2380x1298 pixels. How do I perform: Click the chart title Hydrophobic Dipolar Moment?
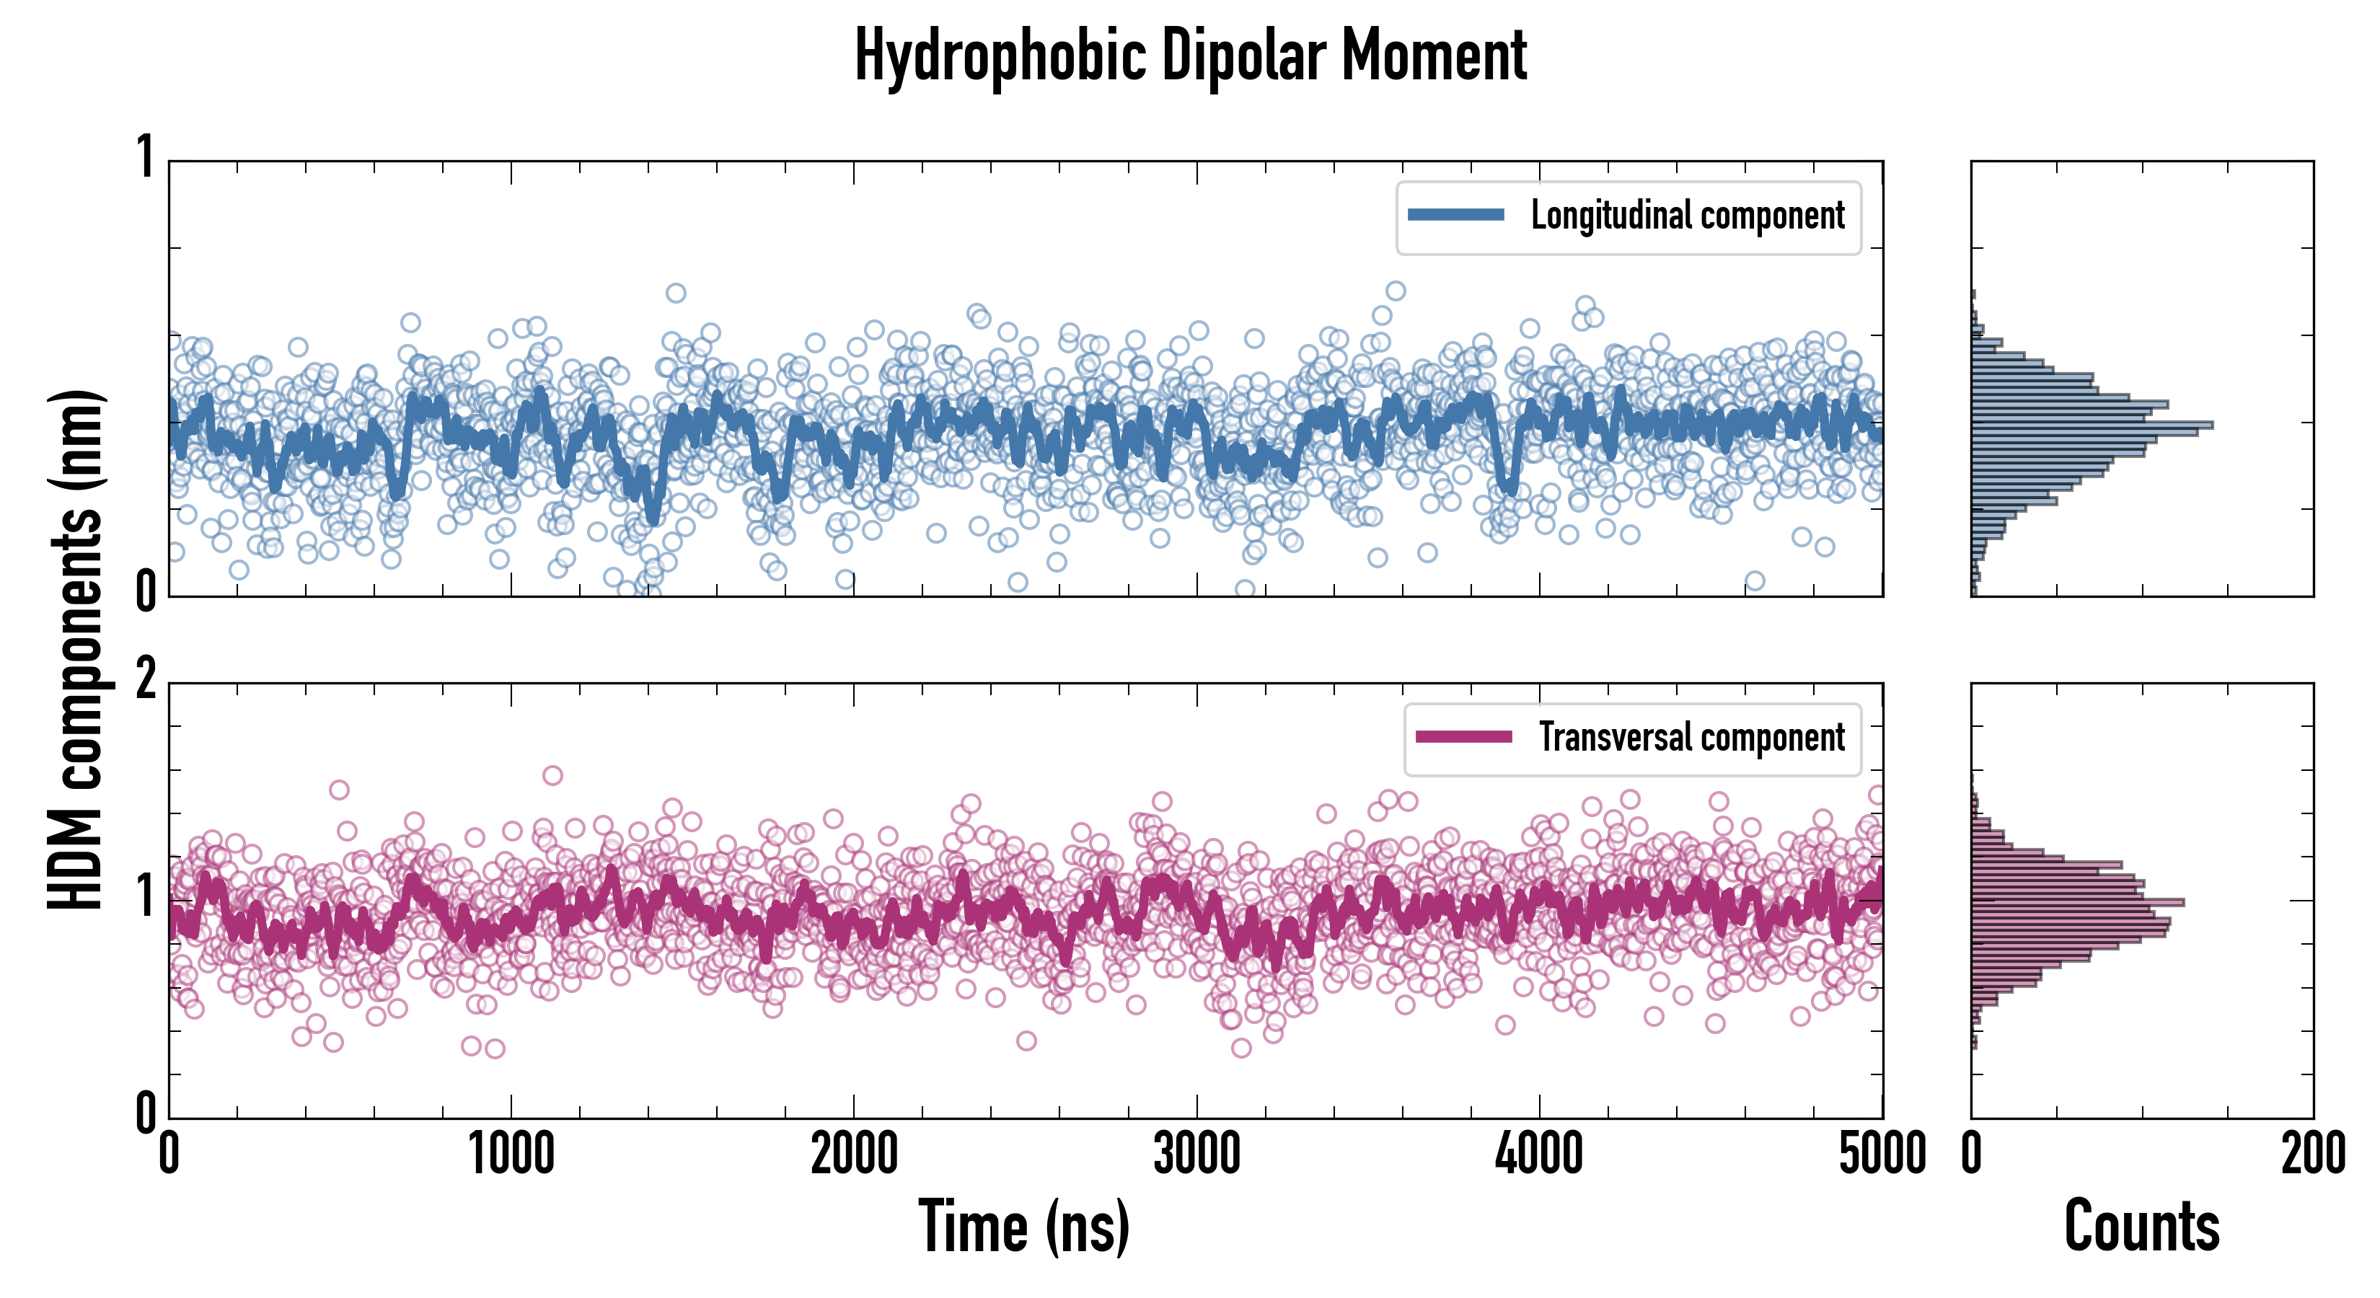coord(1190,57)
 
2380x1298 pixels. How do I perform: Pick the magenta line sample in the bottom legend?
coord(1463,737)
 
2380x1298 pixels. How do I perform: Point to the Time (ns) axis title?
coord(1023,1227)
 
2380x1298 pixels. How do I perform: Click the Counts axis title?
coord(2141,1227)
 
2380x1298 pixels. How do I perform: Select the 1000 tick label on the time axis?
coord(511,1154)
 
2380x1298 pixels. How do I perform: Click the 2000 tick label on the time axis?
coord(854,1154)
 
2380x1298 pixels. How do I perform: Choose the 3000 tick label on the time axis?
coord(1196,1154)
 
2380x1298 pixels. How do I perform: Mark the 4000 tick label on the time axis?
coord(1539,1154)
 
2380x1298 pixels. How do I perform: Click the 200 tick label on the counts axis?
coord(2312,1154)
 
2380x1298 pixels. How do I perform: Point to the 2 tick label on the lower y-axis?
coord(146,681)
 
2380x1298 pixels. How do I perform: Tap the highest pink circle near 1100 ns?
coord(552,775)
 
